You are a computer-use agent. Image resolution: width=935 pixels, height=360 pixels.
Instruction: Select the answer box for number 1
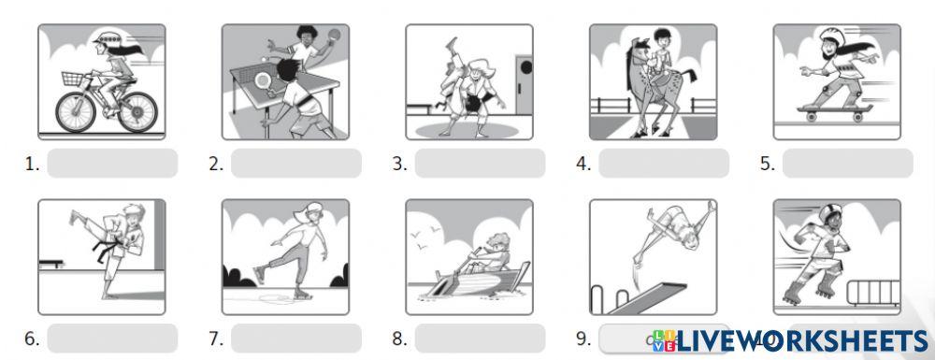tap(111, 164)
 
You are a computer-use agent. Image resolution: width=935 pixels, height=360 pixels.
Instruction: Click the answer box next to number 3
tap(479, 164)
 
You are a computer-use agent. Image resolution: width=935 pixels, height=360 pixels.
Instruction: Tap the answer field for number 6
tap(111, 338)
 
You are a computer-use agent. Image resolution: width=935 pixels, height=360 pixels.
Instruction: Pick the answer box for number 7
tap(295, 338)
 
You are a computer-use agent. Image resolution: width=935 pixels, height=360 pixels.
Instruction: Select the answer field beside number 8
tap(479, 338)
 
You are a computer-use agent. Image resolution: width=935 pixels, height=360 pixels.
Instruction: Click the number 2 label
tap(216, 165)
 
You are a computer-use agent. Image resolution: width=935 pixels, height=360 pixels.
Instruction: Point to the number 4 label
tap(583, 165)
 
